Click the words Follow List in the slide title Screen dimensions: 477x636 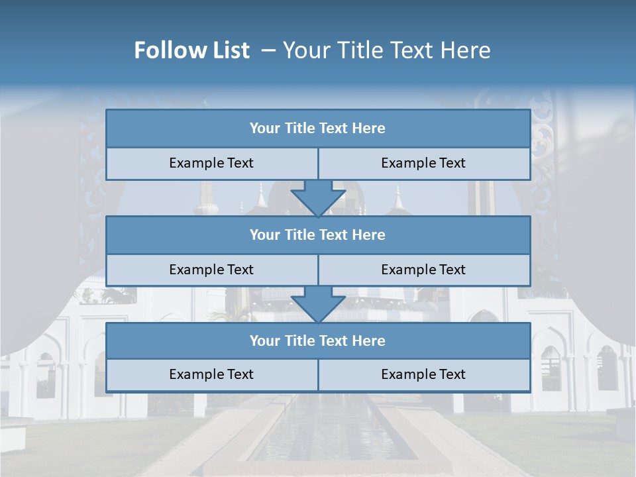tap(191, 50)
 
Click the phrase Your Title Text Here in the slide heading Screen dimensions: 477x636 tap(387, 50)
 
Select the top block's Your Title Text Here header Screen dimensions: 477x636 tap(317, 129)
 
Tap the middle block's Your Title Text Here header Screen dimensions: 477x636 tap(317, 235)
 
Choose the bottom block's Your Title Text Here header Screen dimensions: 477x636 tap(317, 341)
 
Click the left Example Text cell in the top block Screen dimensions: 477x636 tap(211, 164)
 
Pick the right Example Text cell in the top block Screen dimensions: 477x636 tap(423, 164)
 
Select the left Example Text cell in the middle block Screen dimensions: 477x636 tap(211, 270)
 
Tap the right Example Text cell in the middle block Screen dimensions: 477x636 tap(423, 270)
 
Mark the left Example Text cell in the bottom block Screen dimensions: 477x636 tap(211, 375)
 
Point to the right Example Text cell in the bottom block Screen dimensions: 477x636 tap(423, 375)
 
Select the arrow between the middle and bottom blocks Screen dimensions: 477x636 tap(318, 305)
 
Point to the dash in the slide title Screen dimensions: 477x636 tap(268, 50)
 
